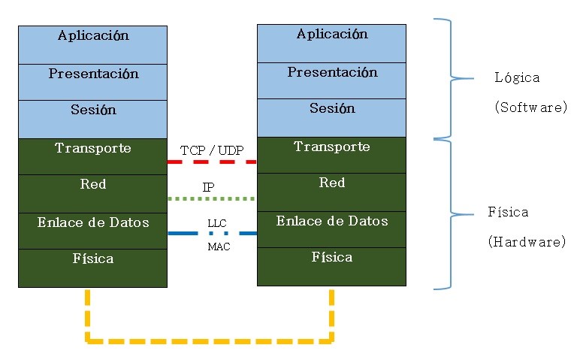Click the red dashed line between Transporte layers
pos(212,162)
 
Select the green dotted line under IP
pos(212,198)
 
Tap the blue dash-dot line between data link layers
pos(212,234)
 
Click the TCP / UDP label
pos(212,150)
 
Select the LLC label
pos(216,223)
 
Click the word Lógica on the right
pos(517,78)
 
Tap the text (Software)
pos(530,107)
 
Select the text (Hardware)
pos(527,242)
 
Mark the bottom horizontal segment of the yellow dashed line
pos(210,342)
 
